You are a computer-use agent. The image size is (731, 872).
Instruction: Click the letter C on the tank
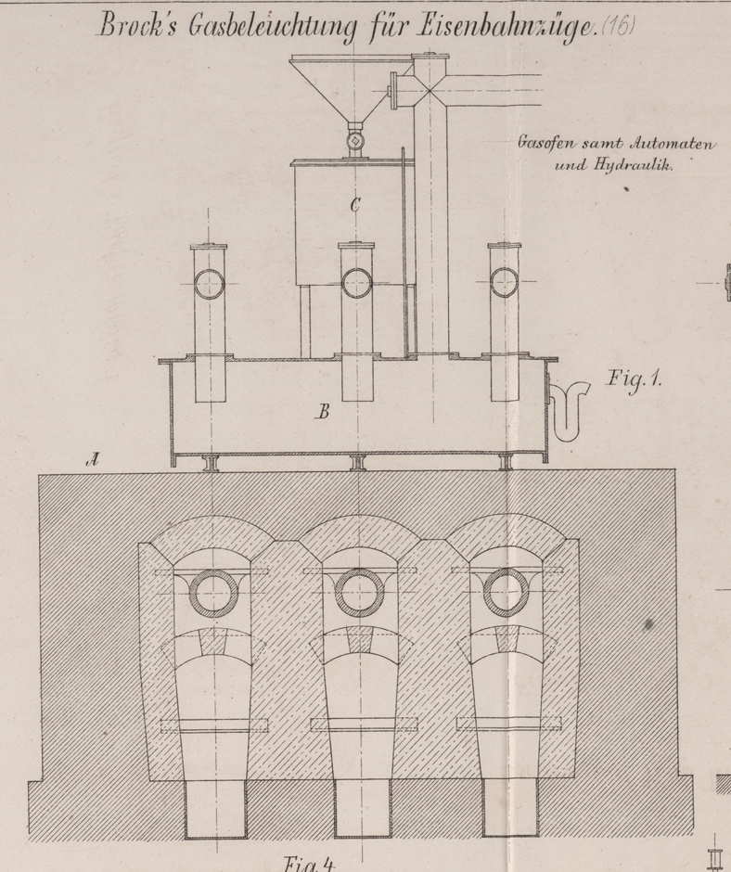(354, 206)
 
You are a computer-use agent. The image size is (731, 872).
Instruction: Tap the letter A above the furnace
(92, 457)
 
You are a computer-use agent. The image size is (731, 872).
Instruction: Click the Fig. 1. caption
(635, 378)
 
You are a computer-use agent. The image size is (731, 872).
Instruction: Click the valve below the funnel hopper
(355, 140)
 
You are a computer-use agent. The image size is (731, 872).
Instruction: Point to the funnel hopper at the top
(348, 83)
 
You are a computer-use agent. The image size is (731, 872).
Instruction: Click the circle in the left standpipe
(209, 283)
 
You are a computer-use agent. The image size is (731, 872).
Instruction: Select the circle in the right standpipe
(506, 282)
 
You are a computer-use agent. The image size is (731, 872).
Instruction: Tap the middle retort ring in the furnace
(356, 591)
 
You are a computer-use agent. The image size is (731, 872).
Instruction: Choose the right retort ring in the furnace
(506, 591)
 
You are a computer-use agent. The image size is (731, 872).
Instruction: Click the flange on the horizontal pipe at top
(395, 91)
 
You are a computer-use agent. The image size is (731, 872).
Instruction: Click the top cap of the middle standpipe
(356, 246)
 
